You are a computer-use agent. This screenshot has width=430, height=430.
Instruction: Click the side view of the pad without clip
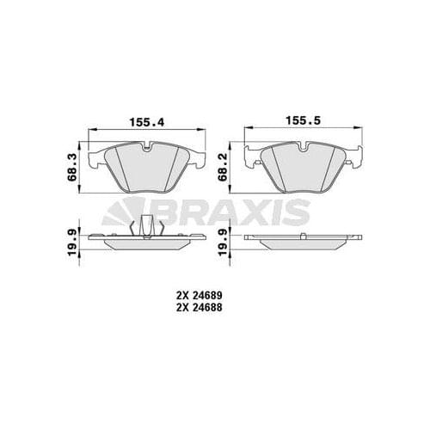[300, 240]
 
